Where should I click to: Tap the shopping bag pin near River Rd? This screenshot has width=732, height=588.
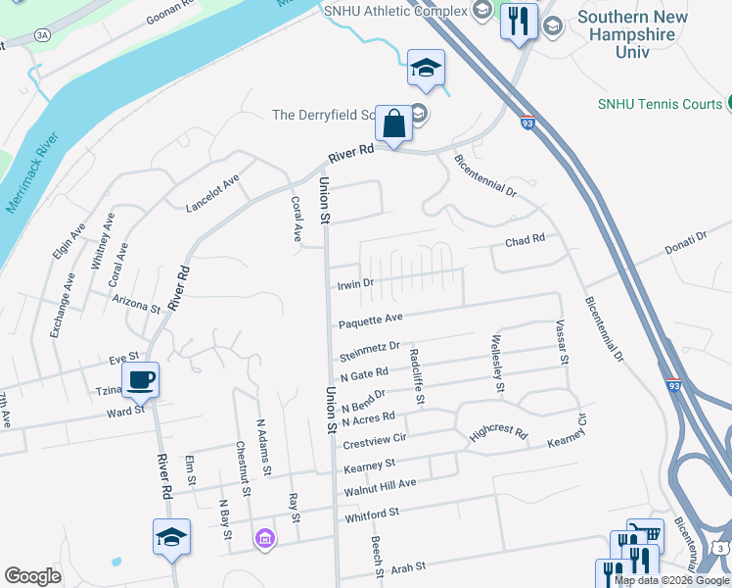click(x=393, y=125)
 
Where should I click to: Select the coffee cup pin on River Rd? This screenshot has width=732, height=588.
click(x=140, y=380)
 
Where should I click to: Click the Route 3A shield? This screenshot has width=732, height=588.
click(x=42, y=34)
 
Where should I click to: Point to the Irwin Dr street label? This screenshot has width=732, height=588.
click(x=355, y=284)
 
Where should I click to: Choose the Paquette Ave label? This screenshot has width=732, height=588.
click(x=371, y=320)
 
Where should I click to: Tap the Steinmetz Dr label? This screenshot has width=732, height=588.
click(x=370, y=347)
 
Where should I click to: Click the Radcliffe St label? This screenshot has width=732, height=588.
click(x=418, y=377)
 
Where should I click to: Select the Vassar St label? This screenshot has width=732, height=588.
click(x=562, y=342)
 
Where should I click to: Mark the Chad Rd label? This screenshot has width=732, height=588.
click(x=524, y=242)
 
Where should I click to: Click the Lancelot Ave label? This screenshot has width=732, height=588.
click(x=213, y=193)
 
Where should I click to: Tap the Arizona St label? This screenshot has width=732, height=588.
click(x=136, y=302)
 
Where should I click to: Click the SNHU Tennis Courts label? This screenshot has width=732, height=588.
click(x=659, y=104)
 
